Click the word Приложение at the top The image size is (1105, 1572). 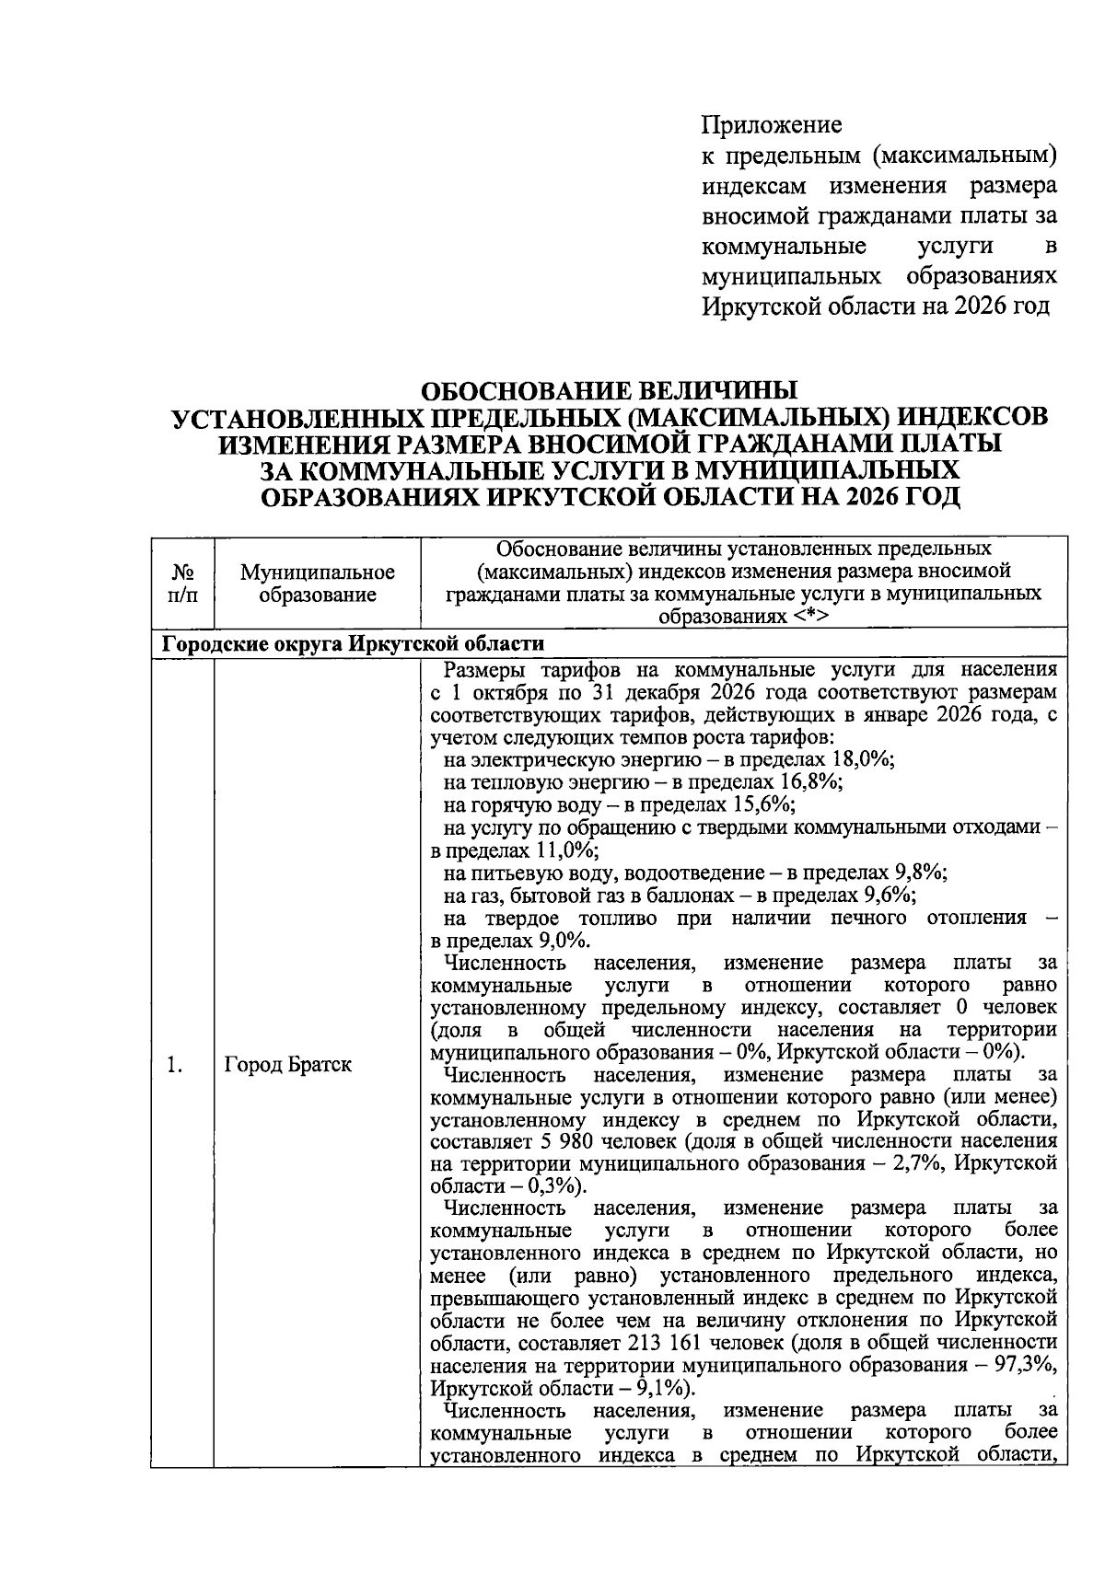(772, 123)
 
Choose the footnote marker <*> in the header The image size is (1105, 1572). (808, 617)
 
